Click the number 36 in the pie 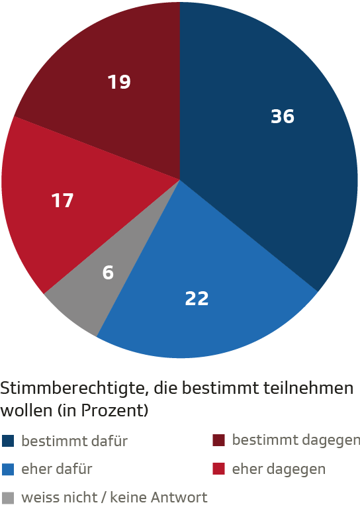pyautogui.click(x=283, y=117)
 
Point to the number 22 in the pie pyautogui.click(x=197, y=299)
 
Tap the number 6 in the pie pyautogui.click(x=108, y=272)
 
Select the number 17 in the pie pyautogui.click(x=63, y=200)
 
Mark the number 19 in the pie pyautogui.click(x=119, y=82)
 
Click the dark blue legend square pyautogui.click(x=8, y=441)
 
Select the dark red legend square pyautogui.click(x=218, y=441)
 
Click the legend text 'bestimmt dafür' pyautogui.click(x=74, y=441)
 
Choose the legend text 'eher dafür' pyautogui.click(x=56, y=469)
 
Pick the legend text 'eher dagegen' pyautogui.click(x=279, y=469)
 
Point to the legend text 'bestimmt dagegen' pyautogui.click(x=296, y=440)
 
